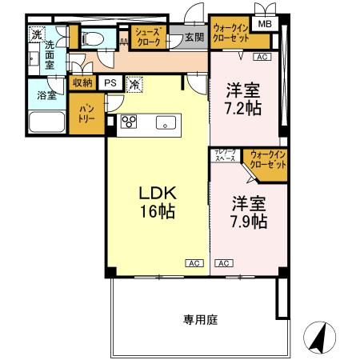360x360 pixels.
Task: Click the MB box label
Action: [264, 25]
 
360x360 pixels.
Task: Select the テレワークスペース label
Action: [224, 156]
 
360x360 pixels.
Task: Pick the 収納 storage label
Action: [82, 82]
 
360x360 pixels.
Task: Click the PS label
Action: [110, 82]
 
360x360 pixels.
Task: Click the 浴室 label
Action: [46, 96]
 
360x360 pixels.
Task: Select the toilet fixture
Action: [94, 37]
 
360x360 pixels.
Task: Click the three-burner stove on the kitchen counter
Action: [130, 122]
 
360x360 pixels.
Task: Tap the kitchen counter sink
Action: [166, 123]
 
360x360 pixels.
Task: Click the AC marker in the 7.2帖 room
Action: [261, 58]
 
